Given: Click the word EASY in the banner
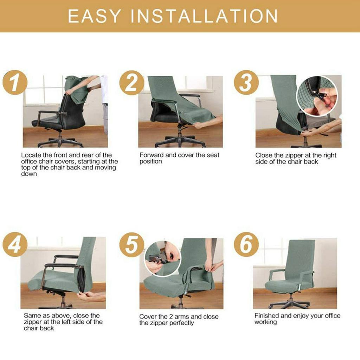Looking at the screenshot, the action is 94,16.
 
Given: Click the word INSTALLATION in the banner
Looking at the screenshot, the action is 204,16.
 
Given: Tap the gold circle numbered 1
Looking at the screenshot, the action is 15,82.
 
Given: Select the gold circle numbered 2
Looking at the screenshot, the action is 132,83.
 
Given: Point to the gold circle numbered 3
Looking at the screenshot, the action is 246,82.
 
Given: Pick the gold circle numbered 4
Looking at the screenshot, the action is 15,244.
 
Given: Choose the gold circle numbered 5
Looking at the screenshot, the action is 132,245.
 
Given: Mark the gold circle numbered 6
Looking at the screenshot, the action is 246,244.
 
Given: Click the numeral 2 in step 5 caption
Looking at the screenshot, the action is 171,317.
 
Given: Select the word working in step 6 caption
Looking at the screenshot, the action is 266,322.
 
